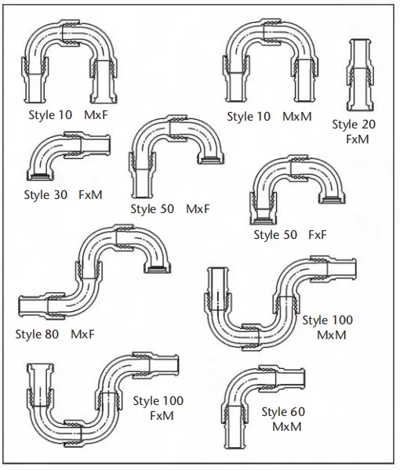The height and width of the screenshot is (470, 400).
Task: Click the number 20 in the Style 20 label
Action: point(367,125)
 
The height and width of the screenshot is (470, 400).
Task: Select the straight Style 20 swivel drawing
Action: point(360,75)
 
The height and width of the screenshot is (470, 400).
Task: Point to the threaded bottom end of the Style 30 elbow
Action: point(41,176)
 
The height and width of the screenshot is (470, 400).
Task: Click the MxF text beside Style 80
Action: point(82,334)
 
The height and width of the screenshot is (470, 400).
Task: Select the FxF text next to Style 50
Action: point(318,235)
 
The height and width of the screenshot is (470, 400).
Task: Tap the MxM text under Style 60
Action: point(287,427)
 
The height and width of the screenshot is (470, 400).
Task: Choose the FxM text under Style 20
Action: point(358,139)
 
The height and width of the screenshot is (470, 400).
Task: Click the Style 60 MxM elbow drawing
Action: point(264,407)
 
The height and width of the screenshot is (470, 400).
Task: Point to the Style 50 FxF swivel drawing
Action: point(297,190)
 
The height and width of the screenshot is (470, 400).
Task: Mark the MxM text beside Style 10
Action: point(297,117)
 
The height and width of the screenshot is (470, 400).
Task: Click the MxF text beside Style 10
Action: point(96,115)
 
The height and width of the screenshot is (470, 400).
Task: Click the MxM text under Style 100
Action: point(331,335)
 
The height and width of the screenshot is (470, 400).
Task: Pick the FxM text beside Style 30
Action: point(90,195)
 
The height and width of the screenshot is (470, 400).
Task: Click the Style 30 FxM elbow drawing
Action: point(68,156)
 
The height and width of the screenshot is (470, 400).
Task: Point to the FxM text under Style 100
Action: point(162,416)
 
